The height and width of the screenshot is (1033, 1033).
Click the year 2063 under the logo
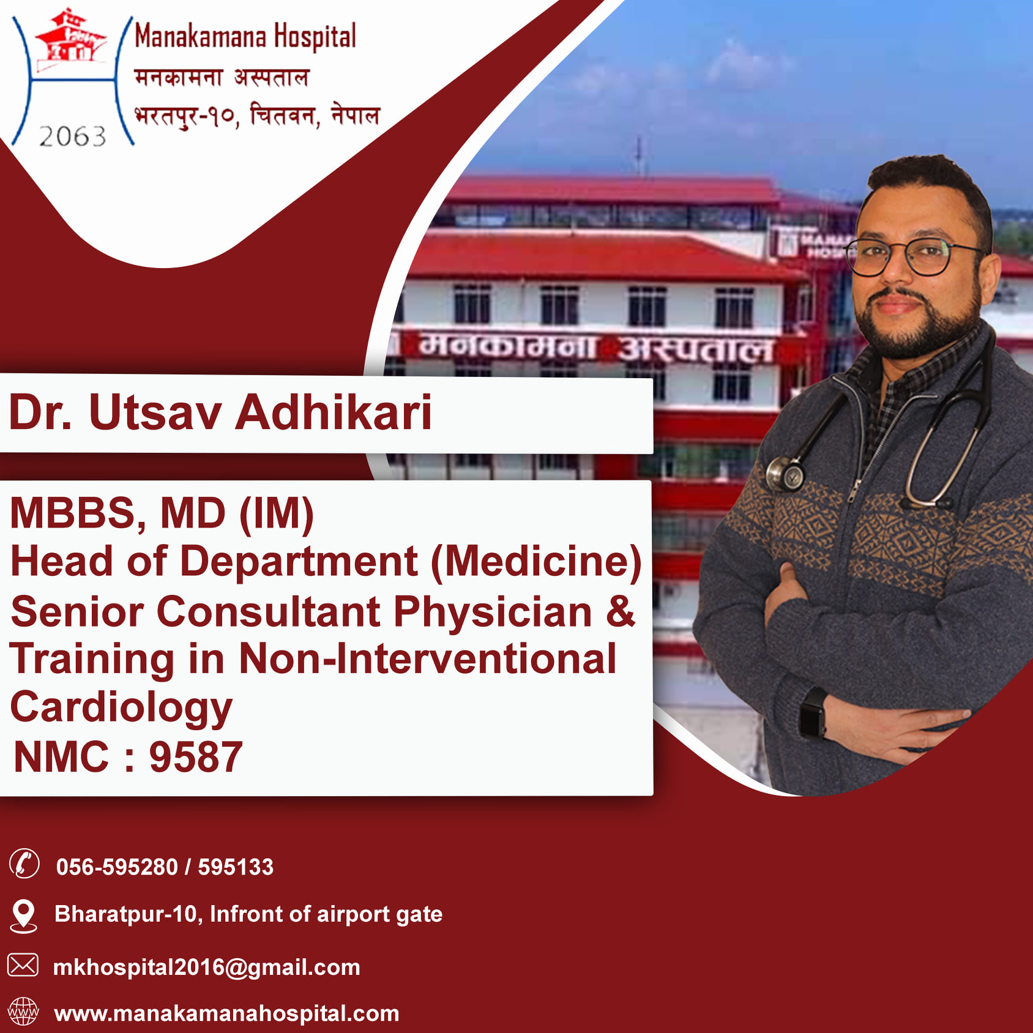(x=72, y=136)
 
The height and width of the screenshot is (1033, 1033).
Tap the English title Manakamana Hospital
(x=245, y=37)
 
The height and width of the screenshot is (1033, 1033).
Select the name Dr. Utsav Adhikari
(x=220, y=412)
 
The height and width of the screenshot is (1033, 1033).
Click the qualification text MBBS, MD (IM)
(x=162, y=513)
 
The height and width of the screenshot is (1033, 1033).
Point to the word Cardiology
(x=121, y=707)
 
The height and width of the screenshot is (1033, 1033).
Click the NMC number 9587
(x=196, y=757)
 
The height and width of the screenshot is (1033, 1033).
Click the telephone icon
(x=24, y=864)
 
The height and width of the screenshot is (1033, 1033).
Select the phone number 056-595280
(x=117, y=867)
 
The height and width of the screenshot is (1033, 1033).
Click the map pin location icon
(x=24, y=916)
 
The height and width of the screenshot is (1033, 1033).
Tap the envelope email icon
(x=23, y=965)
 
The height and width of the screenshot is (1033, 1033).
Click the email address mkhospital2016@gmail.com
(x=207, y=968)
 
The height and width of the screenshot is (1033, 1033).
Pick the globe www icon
(x=23, y=1012)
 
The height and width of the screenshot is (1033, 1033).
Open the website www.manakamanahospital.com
(x=226, y=1014)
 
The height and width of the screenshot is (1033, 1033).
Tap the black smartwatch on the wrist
(x=813, y=713)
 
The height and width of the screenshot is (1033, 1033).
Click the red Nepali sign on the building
(x=597, y=348)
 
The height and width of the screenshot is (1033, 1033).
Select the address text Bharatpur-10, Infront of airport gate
(x=248, y=914)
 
